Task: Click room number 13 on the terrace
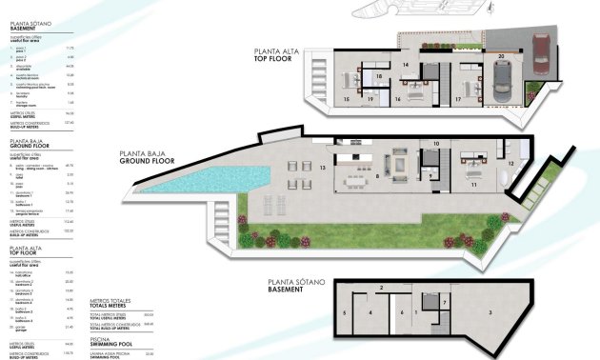click(x=323, y=168)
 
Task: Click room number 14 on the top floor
click(x=405, y=66)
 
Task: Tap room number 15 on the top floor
click(x=344, y=98)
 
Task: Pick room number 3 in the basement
click(x=490, y=311)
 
